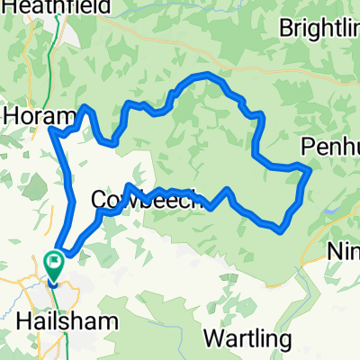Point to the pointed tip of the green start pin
point(54,282)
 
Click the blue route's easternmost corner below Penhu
point(310,168)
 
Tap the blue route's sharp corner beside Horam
point(50,132)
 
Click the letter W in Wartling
point(214,339)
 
